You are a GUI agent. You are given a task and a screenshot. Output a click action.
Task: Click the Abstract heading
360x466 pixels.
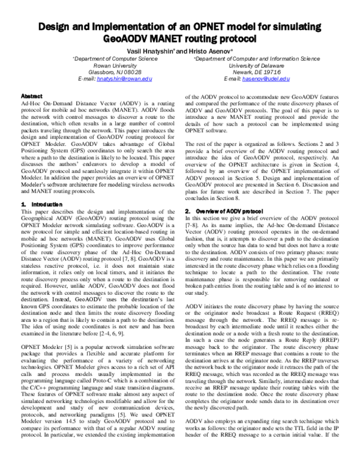tap(31, 96)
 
